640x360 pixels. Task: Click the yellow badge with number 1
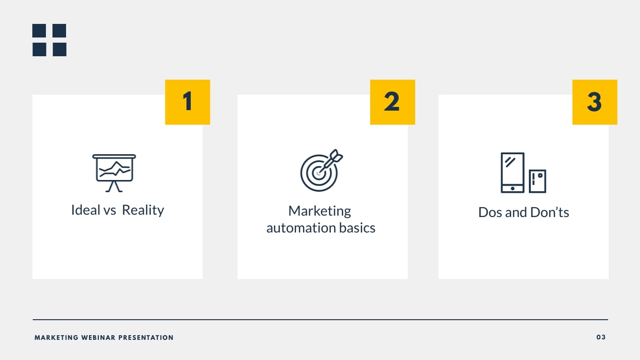click(x=187, y=102)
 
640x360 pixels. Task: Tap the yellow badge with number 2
click(x=393, y=102)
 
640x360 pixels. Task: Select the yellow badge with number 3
click(x=595, y=102)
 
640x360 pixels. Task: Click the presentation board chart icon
click(x=114, y=173)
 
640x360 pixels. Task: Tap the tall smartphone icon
click(x=513, y=172)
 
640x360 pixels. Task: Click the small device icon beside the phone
click(x=537, y=181)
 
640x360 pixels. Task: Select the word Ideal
click(x=85, y=210)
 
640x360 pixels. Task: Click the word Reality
click(x=143, y=210)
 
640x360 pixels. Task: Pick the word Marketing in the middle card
click(x=320, y=211)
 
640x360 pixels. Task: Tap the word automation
click(x=301, y=228)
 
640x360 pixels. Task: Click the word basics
click(x=357, y=228)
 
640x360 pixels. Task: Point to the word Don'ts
click(x=550, y=212)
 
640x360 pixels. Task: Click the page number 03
click(x=601, y=337)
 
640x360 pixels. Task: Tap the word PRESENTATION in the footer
click(x=146, y=337)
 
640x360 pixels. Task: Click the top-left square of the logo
click(x=39, y=30)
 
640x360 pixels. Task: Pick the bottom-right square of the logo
click(x=60, y=50)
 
